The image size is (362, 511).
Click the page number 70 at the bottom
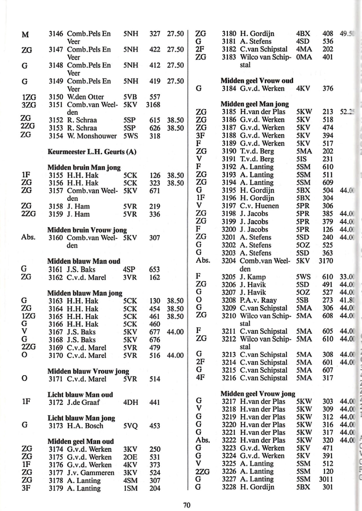[187, 505]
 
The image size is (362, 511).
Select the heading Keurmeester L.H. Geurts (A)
[92, 152]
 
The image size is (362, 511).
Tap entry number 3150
[56, 97]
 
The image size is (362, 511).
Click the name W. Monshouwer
[92, 136]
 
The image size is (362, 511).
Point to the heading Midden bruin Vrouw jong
[87, 230]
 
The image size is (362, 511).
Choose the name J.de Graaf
[83, 402]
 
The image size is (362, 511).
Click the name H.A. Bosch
[85, 426]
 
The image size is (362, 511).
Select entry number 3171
[56, 379]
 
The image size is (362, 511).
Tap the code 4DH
[131, 402]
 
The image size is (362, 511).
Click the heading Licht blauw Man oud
[80, 394]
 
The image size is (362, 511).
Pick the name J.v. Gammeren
[91, 473]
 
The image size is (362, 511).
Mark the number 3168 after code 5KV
[153, 104]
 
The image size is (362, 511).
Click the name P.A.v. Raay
[258, 300]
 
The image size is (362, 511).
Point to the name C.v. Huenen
[259, 206]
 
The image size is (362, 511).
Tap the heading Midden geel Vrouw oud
[257, 81]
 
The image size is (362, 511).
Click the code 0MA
[304, 57]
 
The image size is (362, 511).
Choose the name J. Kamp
[253, 277]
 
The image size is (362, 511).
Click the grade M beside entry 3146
[25, 35]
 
